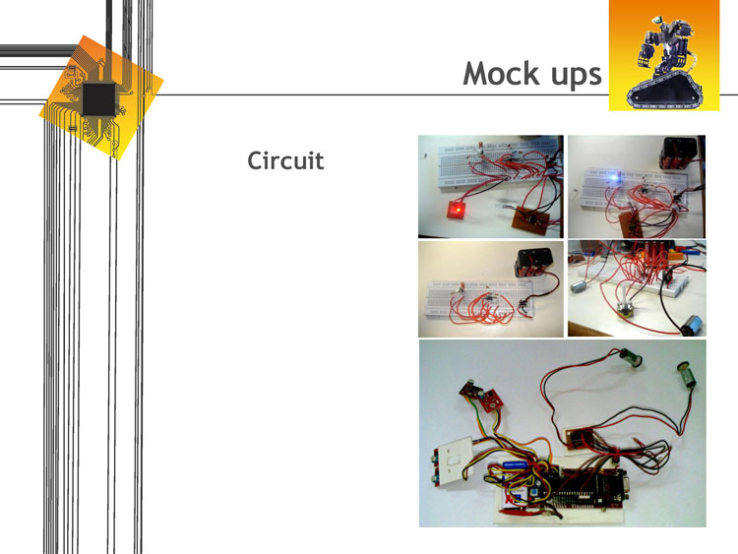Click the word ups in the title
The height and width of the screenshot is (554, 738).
coord(571,75)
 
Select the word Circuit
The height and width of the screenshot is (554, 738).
coord(285,159)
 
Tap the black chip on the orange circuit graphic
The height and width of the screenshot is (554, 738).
coord(98,98)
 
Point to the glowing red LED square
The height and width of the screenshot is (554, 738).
coord(457,210)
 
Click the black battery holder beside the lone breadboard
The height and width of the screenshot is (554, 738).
coord(534,263)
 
